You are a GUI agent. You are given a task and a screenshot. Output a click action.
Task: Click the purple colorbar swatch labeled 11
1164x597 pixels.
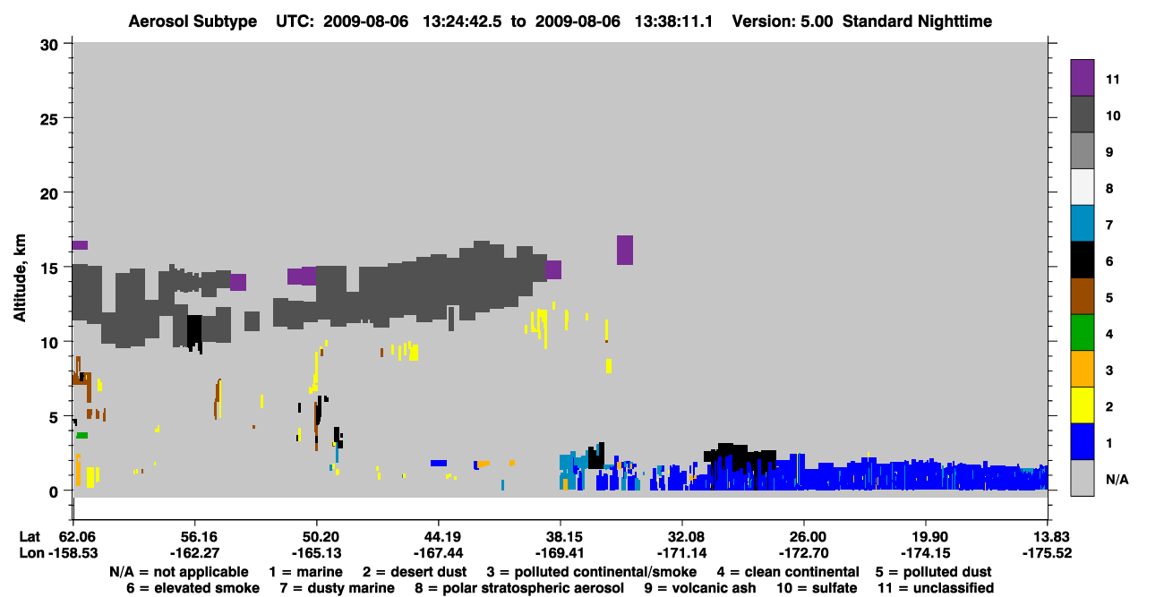[x=1082, y=77]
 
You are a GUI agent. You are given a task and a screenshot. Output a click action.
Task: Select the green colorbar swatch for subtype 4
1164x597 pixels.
[x=1082, y=333]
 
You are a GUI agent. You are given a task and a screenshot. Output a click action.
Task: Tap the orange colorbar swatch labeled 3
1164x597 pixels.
[x=1082, y=369]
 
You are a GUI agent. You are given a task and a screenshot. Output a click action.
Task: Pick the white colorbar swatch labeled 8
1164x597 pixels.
[x=1082, y=187]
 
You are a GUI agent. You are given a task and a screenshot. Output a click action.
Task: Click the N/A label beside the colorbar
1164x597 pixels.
[x=1117, y=479]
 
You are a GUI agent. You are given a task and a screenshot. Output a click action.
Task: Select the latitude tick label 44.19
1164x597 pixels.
[x=438, y=537]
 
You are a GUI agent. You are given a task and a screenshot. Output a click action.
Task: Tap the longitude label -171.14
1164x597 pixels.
[x=681, y=553]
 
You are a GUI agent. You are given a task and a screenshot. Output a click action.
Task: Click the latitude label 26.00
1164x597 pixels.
[x=804, y=537]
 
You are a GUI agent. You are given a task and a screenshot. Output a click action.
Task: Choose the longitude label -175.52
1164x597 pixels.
[x=1047, y=553]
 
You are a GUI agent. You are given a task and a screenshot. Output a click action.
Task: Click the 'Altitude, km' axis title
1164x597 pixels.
[x=20, y=278]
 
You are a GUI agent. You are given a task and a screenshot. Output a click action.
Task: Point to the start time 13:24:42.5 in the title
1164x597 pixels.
[x=462, y=21]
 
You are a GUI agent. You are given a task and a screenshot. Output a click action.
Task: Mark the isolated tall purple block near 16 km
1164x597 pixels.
[x=625, y=250]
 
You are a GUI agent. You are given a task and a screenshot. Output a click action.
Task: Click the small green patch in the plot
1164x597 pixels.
[x=82, y=435]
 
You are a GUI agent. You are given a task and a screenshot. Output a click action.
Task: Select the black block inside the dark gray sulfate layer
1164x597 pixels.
[x=193, y=333]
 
